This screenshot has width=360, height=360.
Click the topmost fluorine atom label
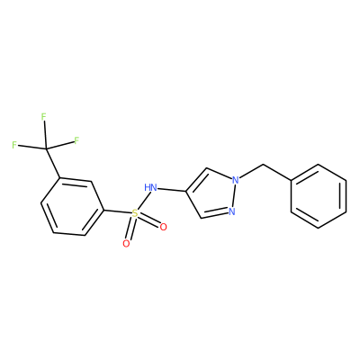tap(44, 116)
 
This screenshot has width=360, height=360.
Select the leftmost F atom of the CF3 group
tap(14, 145)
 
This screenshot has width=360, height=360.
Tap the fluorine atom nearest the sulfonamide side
tap(76, 140)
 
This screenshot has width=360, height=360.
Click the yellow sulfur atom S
tap(135, 214)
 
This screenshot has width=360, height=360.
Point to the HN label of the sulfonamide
tap(150, 188)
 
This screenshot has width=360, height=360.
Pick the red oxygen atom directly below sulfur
tap(126, 244)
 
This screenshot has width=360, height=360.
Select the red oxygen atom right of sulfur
tap(163, 227)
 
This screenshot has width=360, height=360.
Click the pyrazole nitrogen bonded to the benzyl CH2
tap(236, 180)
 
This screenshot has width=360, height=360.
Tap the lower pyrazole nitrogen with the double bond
tap(231, 211)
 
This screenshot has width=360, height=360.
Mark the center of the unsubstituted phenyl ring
tap(319, 196)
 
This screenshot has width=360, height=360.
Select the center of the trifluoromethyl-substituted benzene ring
tap(72, 206)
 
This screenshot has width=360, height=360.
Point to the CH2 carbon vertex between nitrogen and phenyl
tap(263, 165)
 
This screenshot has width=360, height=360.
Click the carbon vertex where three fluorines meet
tap(47, 148)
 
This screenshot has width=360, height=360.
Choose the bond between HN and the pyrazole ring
tap(172, 190)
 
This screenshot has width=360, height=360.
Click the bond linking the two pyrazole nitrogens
tap(234, 196)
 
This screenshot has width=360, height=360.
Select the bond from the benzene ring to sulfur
tap(118, 211)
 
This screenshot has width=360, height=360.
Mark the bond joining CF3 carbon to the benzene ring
tap(53, 163)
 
